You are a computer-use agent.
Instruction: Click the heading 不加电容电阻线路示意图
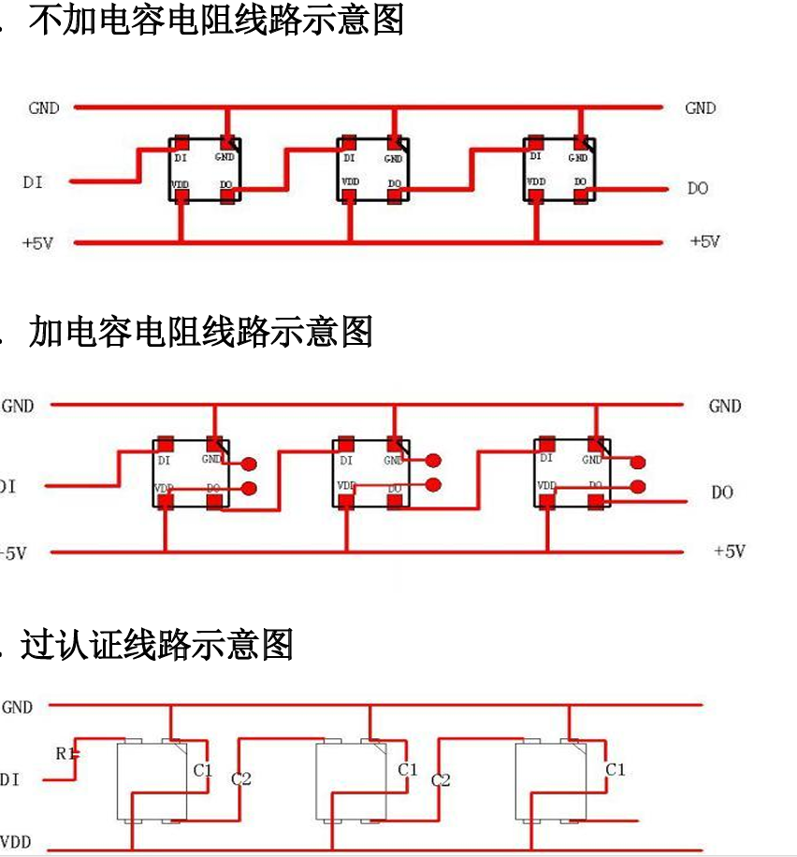[216, 20]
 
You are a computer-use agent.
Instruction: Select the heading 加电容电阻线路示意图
[201, 332]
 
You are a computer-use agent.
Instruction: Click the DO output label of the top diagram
[698, 189]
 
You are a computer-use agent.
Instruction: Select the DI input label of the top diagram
[33, 182]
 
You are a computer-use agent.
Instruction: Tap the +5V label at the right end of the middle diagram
[730, 551]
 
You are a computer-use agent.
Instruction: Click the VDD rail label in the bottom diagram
[16, 841]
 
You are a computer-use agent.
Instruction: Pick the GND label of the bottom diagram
[17, 707]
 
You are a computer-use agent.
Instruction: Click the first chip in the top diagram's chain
[205, 169]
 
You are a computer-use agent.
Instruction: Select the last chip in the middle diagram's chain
[572, 472]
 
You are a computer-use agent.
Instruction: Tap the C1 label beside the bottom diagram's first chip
[203, 771]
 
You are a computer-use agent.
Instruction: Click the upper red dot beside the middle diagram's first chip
[249, 464]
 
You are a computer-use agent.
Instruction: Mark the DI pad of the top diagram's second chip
[349, 143]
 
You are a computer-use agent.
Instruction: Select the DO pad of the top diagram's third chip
[582, 194]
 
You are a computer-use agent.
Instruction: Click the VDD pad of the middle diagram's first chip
[166, 502]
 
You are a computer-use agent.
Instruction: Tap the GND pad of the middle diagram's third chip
[595, 444]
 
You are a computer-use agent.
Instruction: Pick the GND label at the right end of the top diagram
[700, 108]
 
